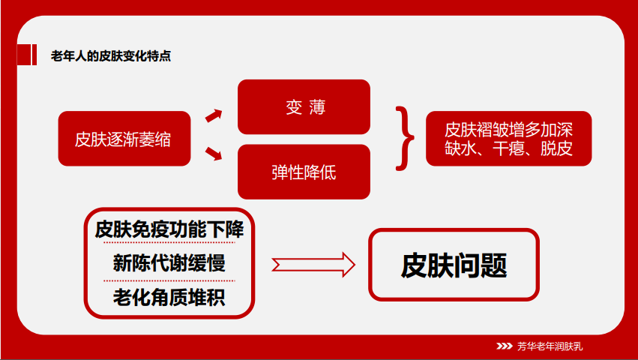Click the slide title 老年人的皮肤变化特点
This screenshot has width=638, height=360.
point(111,55)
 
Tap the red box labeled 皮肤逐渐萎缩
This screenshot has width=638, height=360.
point(124,139)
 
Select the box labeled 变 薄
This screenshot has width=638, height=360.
point(304,106)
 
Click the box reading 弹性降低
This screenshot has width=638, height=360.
point(304,172)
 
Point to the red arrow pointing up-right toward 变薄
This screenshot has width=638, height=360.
point(214,115)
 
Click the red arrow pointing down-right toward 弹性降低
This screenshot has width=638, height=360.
point(214,154)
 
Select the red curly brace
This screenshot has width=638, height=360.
point(404,139)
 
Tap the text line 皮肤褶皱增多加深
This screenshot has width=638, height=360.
point(508,130)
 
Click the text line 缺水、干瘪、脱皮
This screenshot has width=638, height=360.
point(508,148)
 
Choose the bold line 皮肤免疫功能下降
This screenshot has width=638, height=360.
point(169,229)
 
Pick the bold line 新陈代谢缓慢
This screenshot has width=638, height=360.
point(169,262)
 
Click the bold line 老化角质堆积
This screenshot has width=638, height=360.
point(169,297)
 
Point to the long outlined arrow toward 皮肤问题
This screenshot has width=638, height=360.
point(313,265)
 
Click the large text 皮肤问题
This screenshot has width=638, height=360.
point(454,265)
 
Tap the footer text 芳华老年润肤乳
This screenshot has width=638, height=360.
point(550,346)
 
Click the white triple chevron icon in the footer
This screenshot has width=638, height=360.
point(505,346)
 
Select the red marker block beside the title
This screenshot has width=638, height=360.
point(27,55)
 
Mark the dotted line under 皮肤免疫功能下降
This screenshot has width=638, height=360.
point(169,243)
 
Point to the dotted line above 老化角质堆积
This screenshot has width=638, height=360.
point(169,280)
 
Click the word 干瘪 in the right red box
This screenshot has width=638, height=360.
point(508,148)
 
